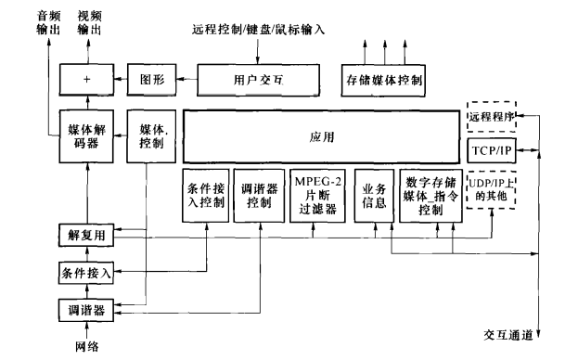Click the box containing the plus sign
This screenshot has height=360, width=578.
click(x=86, y=80)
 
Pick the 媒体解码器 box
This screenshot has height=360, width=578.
click(x=86, y=135)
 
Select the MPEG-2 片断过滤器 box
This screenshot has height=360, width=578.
click(x=315, y=195)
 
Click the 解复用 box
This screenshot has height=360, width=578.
click(x=86, y=237)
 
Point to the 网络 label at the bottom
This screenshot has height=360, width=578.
click(x=86, y=346)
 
